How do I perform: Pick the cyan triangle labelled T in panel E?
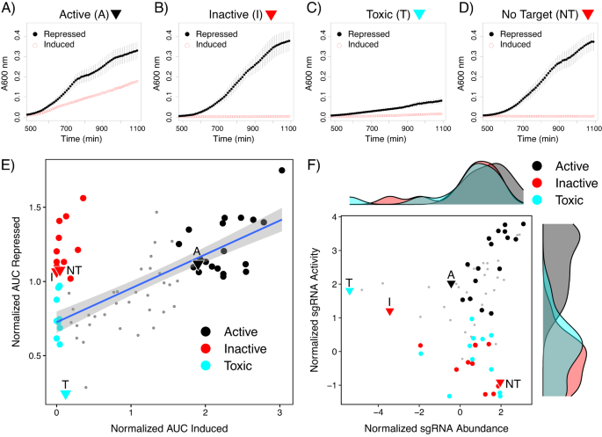pos(65,394)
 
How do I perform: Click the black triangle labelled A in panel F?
pos(452,283)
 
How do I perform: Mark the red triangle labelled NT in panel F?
pos(500,383)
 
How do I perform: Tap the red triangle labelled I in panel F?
pos(390,311)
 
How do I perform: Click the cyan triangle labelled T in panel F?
pos(350,290)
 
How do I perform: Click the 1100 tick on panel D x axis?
pos(584,129)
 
